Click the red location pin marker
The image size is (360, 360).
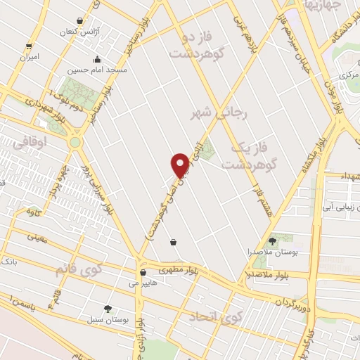[181, 165]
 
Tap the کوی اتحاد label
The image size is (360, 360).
[214, 317]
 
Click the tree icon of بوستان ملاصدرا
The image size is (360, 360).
[272, 241]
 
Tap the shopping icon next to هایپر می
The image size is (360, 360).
[143, 272]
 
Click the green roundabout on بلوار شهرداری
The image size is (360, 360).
[75, 142]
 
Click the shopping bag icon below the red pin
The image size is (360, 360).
[173, 243]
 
